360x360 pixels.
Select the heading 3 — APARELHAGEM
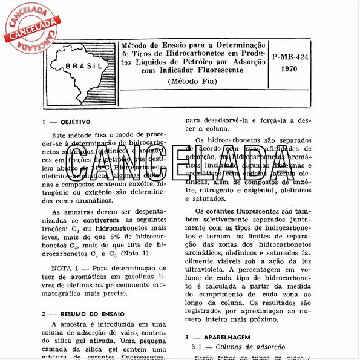click(222, 336)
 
